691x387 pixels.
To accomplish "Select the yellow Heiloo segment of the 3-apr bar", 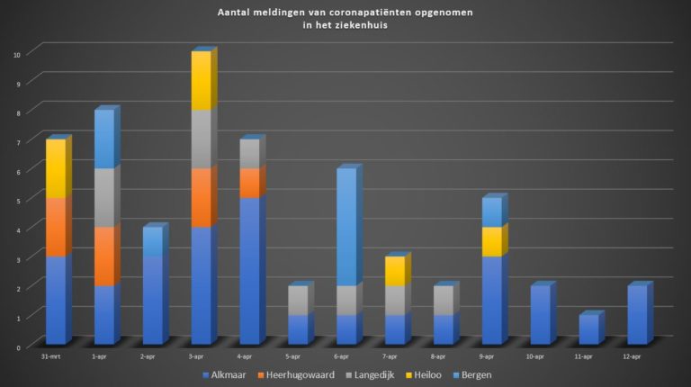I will pos(201,80).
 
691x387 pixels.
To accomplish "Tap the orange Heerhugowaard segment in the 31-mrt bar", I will pos(56,227).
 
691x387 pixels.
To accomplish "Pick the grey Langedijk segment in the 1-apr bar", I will pos(104,197).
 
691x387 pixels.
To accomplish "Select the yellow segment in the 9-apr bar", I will pos(491,241).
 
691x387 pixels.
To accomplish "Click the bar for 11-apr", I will pos(588,329).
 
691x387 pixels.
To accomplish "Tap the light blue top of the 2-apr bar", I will pos(153,241).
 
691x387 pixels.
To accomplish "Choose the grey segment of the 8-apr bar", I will pos(444,301).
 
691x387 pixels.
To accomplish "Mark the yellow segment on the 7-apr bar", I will pos(395,271).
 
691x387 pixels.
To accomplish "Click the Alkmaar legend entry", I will pos(230,374).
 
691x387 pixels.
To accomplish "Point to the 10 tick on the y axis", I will pos(16,53).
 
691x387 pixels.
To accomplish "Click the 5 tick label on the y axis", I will pos(18,200).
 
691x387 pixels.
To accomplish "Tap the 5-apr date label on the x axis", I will pos(297,357).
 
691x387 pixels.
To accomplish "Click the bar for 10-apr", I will pos(540,315).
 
